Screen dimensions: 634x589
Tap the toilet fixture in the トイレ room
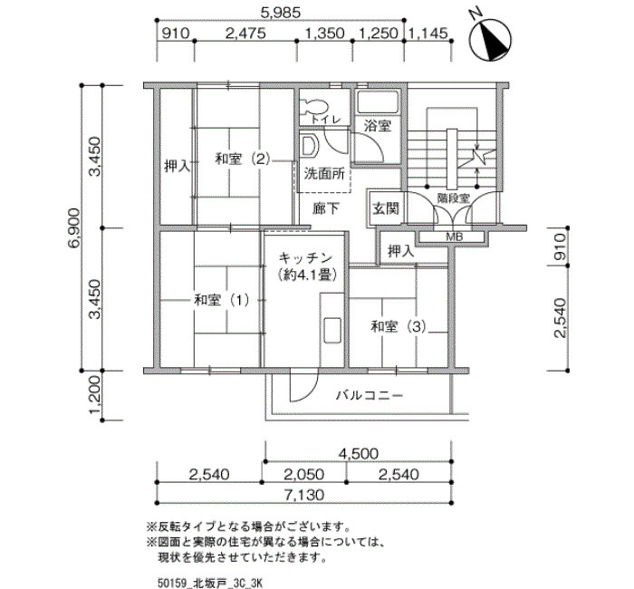point(313,107)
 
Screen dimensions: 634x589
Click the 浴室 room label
point(378,126)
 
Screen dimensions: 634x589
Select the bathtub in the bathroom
point(378,102)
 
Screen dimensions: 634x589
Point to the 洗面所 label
point(324,174)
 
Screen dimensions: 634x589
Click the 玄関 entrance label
point(386,208)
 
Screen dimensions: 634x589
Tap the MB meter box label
point(454,237)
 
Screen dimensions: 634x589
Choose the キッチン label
point(306,257)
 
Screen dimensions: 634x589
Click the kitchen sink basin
point(332,330)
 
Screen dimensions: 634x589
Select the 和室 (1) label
point(222,301)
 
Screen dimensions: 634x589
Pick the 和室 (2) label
point(242,159)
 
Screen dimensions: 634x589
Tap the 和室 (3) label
point(399,326)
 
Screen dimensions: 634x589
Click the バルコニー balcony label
point(370,395)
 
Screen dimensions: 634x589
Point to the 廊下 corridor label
point(326,208)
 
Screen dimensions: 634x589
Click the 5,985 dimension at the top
point(281,13)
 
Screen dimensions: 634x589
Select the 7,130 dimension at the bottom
point(304,495)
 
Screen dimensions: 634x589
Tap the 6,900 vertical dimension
point(75,228)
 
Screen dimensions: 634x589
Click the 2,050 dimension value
point(303,474)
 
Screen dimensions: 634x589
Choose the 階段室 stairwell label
point(454,198)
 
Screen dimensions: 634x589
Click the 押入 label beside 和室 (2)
point(178,166)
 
